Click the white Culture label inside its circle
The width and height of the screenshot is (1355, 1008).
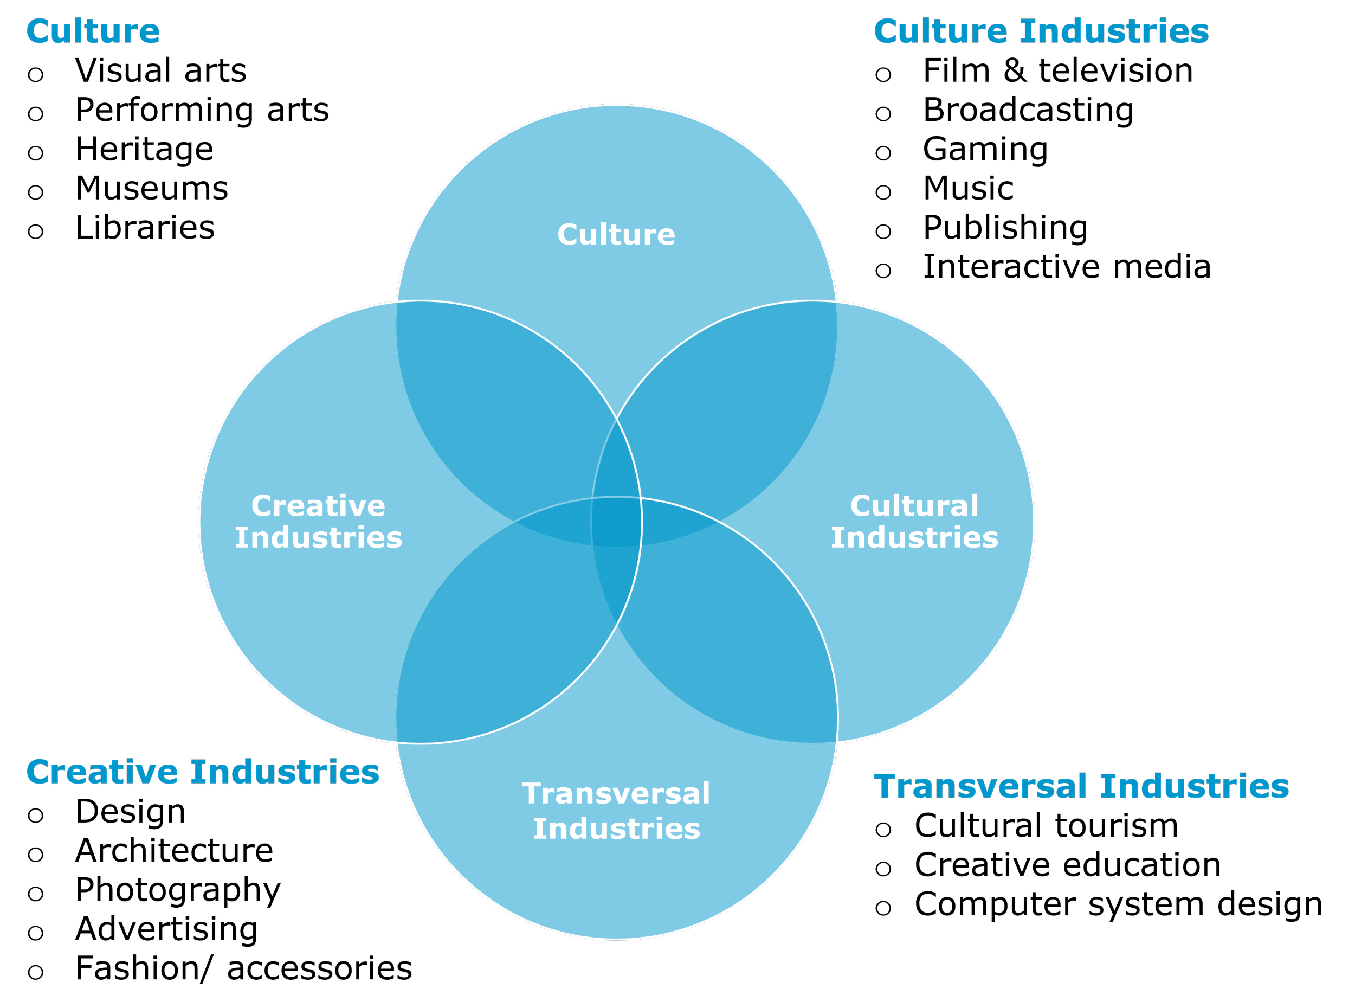click(616, 235)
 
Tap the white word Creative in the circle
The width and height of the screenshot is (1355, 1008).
click(318, 506)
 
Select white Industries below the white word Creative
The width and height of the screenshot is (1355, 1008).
click(318, 537)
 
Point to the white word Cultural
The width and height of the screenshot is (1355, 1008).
click(914, 506)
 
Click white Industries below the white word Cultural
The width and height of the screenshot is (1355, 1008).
click(914, 537)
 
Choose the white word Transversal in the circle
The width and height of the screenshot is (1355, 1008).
click(616, 794)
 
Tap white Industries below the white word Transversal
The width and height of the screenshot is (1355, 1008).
click(616, 829)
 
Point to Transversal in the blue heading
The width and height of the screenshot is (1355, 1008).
click(980, 787)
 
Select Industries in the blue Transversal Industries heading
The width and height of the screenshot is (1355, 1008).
click(1195, 787)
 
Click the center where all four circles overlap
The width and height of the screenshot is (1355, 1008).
click(616, 522)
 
